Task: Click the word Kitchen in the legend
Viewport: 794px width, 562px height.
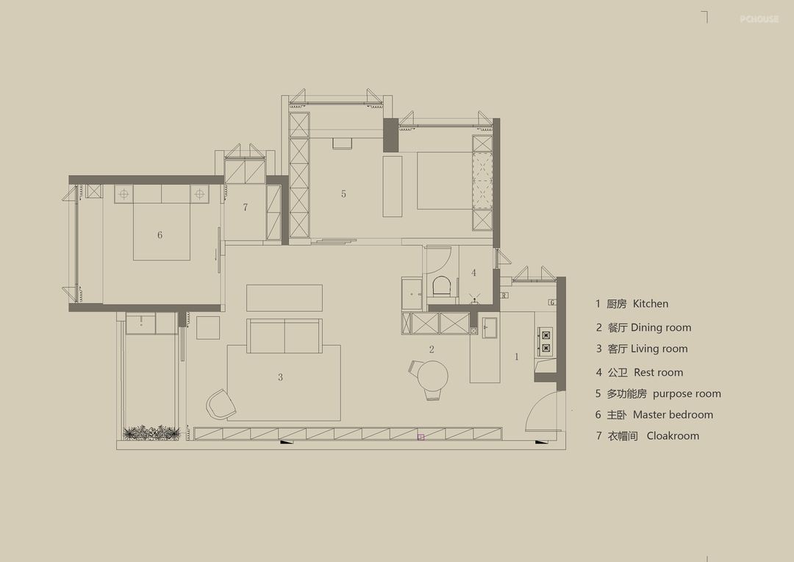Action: tap(650, 304)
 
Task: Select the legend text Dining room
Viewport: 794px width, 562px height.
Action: tap(661, 327)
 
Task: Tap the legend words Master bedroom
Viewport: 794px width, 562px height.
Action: tap(673, 415)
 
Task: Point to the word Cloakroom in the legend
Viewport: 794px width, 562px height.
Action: tap(673, 435)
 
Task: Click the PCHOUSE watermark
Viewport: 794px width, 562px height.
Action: tap(759, 19)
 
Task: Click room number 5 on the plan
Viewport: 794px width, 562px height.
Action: tap(343, 193)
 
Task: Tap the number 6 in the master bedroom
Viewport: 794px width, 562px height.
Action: tap(160, 235)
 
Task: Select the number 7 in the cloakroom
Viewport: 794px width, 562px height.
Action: tap(245, 207)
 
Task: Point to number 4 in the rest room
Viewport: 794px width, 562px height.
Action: tap(473, 273)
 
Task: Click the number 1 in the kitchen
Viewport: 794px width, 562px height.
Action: tap(517, 357)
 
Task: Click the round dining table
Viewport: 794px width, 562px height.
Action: tap(433, 376)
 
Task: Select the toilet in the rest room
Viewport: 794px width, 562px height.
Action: tap(442, 286)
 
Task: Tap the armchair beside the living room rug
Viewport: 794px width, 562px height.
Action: tap(221, 404)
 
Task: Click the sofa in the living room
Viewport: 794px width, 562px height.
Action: tap(285, 335)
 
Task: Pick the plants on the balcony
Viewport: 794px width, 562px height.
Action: tap(151, 433)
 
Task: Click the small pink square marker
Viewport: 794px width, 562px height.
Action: tap(421, 436)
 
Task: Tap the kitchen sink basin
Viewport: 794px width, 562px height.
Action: tap(490, 327)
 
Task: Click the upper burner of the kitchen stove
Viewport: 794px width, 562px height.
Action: tap(546, 335)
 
